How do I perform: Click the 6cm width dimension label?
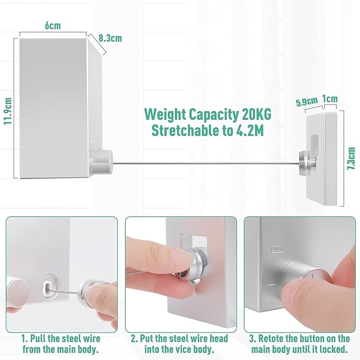tap(53, 25)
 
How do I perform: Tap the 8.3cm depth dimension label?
tap(110, 38)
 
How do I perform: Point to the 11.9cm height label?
tap(8, 111)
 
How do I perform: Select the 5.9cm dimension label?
tap(307, 101)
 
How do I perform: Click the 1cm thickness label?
tap(330, 99)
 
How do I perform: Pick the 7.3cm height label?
tap(351, 158)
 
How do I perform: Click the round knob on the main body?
tap(101, 162)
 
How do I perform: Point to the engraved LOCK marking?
tap(278, 249)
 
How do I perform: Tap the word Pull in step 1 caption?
tap(38, 339)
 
